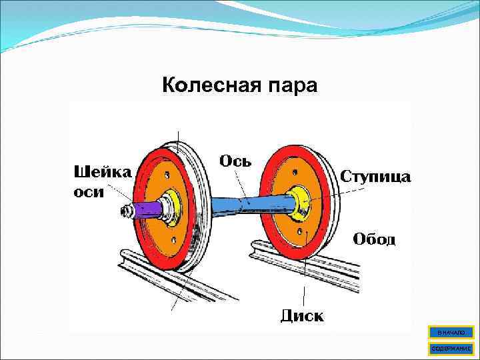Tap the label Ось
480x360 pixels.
(235, 161)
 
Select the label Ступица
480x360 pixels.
(376, 177)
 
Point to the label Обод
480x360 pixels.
(374, 239)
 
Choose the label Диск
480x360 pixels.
(302, 315)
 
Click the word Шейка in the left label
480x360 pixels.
(102, 171)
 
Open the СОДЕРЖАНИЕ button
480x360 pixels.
(451, 348)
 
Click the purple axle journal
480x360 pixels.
(147, 210)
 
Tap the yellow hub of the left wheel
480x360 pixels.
(173, 203)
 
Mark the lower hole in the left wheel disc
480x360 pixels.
(173, 239)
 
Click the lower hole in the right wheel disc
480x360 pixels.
(302, 231)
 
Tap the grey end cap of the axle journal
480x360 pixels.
(125, 212)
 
